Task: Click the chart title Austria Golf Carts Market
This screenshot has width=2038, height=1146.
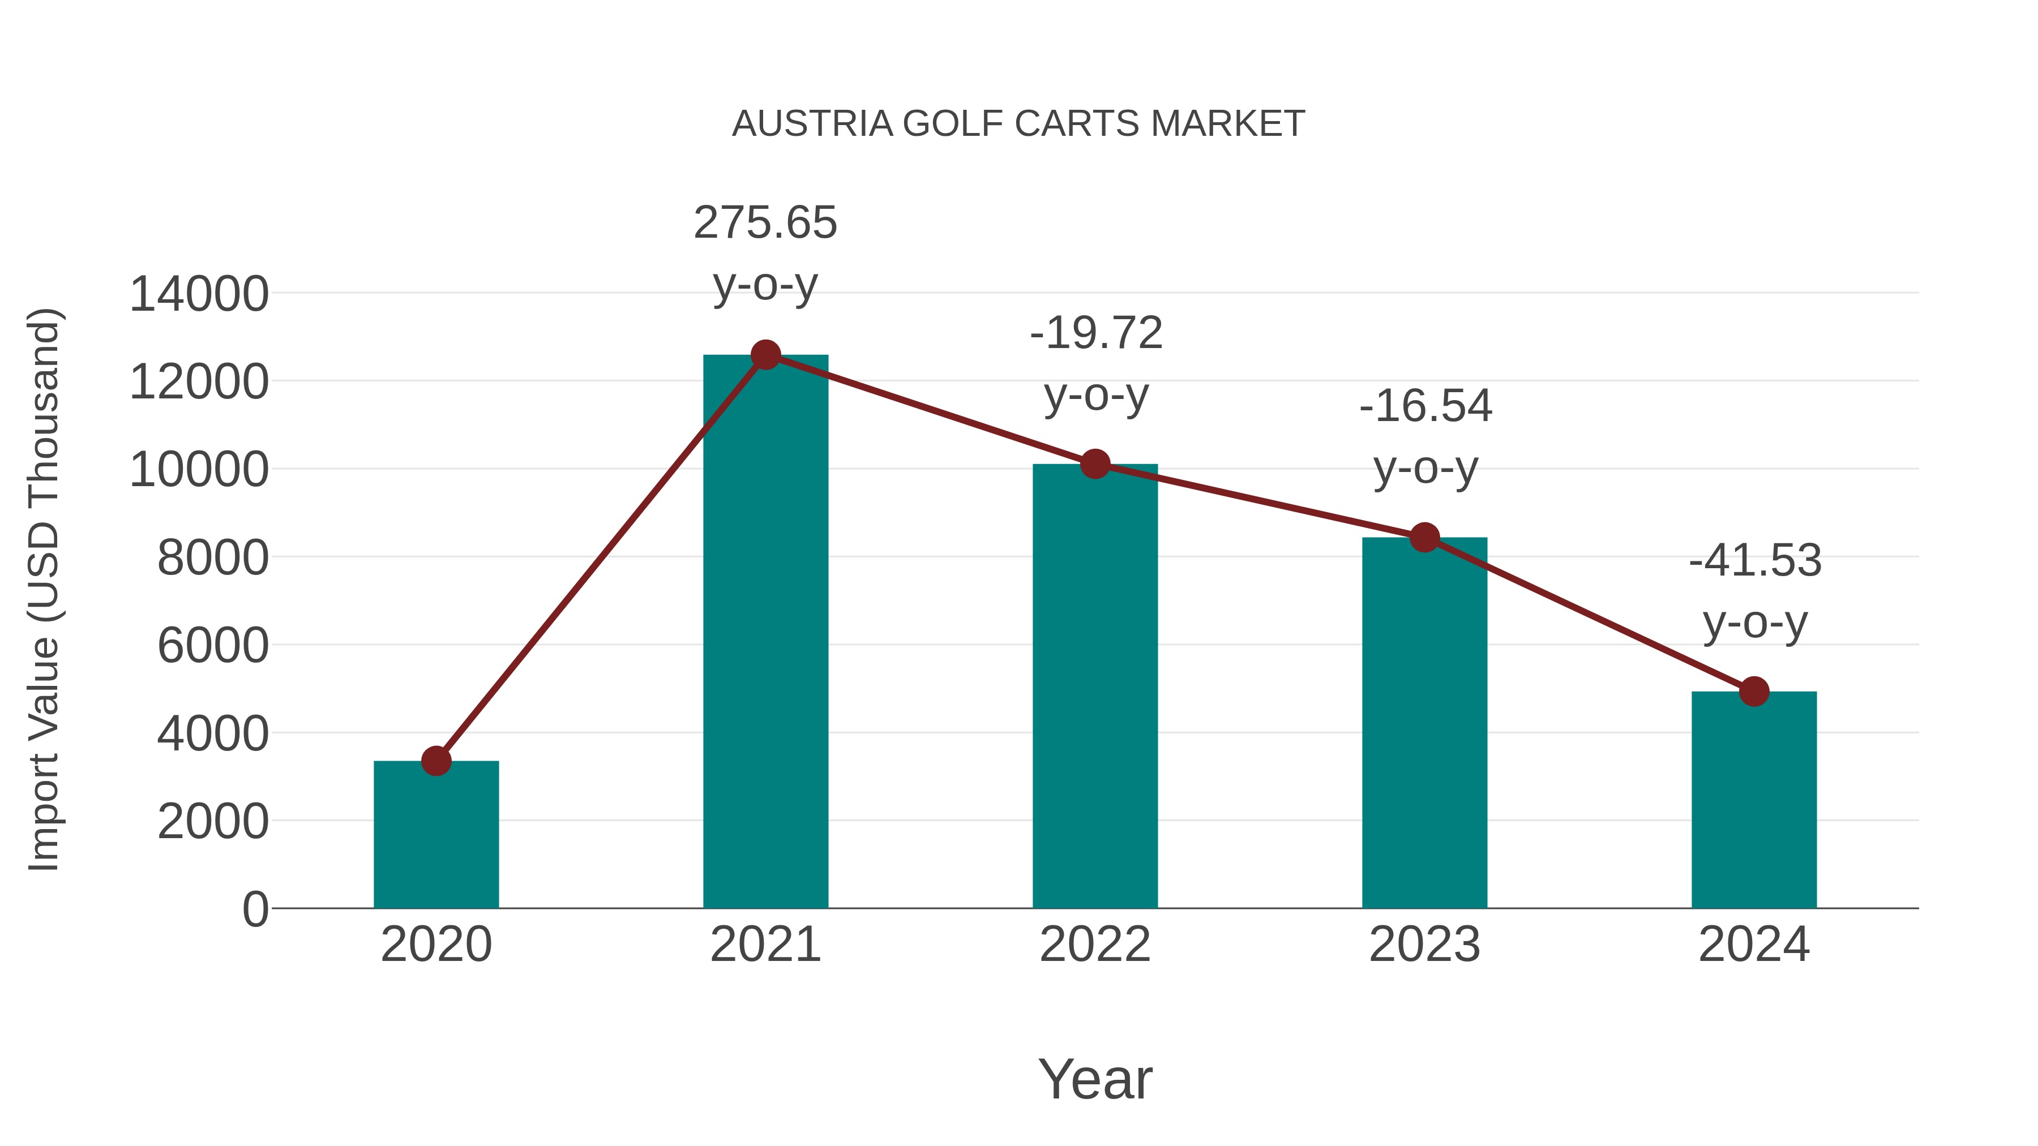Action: tap(1018, 124)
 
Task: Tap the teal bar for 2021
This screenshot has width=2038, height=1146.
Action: tap(765, 633)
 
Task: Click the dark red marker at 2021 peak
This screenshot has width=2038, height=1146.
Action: tap(765, 355)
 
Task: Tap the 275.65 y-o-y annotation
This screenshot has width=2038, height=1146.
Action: tap(765, 253)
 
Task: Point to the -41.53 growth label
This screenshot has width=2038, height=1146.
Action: tap(1755, 591)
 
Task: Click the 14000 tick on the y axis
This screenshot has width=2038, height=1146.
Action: tap(199, 294)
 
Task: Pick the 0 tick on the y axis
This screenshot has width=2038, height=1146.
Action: tap(255, 909)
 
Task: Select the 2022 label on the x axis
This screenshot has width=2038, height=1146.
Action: tap(1095, 945)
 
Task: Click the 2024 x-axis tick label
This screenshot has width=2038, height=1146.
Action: tap(1754, 945)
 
